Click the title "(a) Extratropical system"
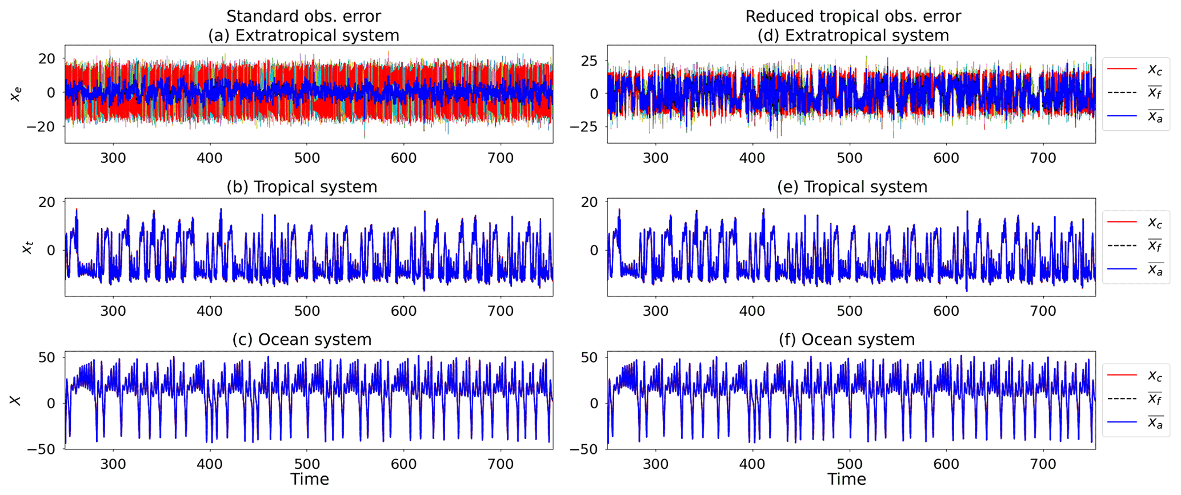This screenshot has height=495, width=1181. pos(303,35)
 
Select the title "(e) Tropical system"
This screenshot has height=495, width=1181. pos(852,187)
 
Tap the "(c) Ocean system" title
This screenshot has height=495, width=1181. pos(302,340)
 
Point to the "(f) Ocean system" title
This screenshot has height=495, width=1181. pos(847,340)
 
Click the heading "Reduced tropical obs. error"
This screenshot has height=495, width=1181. pos(853,16)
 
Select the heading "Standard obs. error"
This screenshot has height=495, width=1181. pos(303,16)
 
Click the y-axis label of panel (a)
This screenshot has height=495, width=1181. pos(16,93)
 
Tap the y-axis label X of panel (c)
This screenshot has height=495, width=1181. pos(16,400)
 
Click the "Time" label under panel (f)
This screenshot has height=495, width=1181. pos(847,480)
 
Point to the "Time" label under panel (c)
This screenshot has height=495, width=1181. pos(309,480)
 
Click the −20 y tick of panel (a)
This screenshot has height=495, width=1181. pos(43,126)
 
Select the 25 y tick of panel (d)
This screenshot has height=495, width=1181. pos(589,61)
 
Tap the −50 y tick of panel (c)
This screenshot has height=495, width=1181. pos(43,449)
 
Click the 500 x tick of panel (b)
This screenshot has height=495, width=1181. pos(307,311)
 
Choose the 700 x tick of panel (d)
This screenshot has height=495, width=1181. pos(1043,158)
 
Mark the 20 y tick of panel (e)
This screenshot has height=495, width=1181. pos(592,202)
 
